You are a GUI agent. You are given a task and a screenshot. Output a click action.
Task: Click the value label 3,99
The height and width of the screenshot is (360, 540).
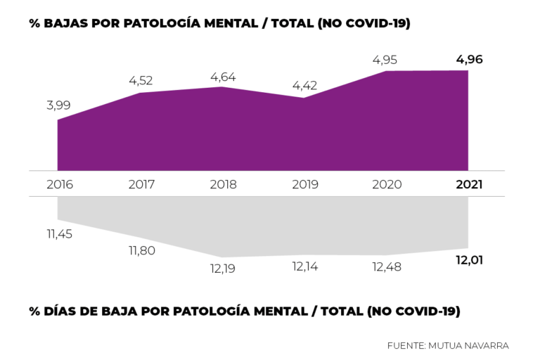click(58, 105)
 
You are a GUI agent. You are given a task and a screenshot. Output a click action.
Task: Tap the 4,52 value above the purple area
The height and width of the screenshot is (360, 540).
click(141, 80)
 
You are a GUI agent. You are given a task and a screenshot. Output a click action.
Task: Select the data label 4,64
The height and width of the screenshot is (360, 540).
click(223, 75)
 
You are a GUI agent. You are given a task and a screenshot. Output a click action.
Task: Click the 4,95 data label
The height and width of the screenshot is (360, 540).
click(387, 59)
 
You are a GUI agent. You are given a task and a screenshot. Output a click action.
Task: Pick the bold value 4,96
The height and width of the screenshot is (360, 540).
click(469, 59)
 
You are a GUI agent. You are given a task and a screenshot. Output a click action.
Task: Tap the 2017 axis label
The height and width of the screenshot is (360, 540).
click(141, 185)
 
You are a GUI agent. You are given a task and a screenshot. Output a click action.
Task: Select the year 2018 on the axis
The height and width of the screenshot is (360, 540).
click(223, 185)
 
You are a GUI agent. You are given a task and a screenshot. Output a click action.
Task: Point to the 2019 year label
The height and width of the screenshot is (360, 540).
click(304, 185)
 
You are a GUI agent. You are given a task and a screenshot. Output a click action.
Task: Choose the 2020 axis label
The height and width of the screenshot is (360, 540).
click(387, 185)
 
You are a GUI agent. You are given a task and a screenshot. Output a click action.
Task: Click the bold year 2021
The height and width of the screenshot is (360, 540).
click(468, 185)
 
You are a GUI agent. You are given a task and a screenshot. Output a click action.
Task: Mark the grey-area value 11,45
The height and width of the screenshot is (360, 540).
click(60, 234)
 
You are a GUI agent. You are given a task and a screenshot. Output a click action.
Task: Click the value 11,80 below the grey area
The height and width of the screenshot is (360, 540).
click(141, 250)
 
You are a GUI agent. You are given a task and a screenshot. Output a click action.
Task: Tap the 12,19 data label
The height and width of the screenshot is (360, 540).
click(223, 268)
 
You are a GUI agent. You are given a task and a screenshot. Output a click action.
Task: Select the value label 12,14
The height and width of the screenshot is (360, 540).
click(304, 267)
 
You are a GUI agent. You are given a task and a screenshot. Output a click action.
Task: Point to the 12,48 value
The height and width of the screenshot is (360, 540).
click(387, 267)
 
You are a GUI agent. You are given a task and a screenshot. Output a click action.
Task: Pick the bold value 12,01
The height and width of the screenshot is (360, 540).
click(469, 260)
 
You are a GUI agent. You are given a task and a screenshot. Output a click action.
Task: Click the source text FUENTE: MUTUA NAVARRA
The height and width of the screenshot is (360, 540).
click(447, 345)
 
